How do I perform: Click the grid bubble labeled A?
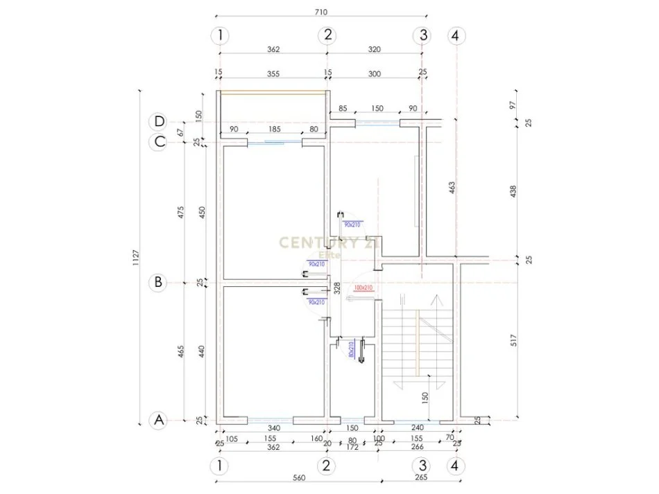[x=159, y=420]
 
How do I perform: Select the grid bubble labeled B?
[x=159, y=282]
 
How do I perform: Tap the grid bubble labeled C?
[x=159, y=142]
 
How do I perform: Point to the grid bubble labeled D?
[x=159, y=122]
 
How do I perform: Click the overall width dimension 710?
[x=320, y=12]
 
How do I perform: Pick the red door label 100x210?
[x=363, y=288]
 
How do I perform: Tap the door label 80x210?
[x=352, y=350]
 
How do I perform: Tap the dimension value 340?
[x=273, y=428]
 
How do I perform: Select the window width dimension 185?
[x=275, y=129]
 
